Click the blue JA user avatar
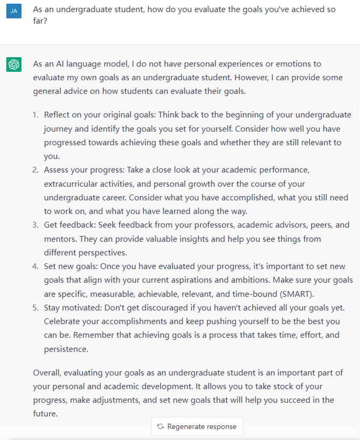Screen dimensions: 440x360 pos(14,11)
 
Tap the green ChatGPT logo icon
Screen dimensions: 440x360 pos(14,65)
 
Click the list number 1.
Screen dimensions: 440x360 pos(35,115)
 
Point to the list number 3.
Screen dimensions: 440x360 pos(35,225)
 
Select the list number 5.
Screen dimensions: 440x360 pos(35,308)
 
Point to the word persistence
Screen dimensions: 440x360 pos(66,349)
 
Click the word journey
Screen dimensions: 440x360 pos(58,129)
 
